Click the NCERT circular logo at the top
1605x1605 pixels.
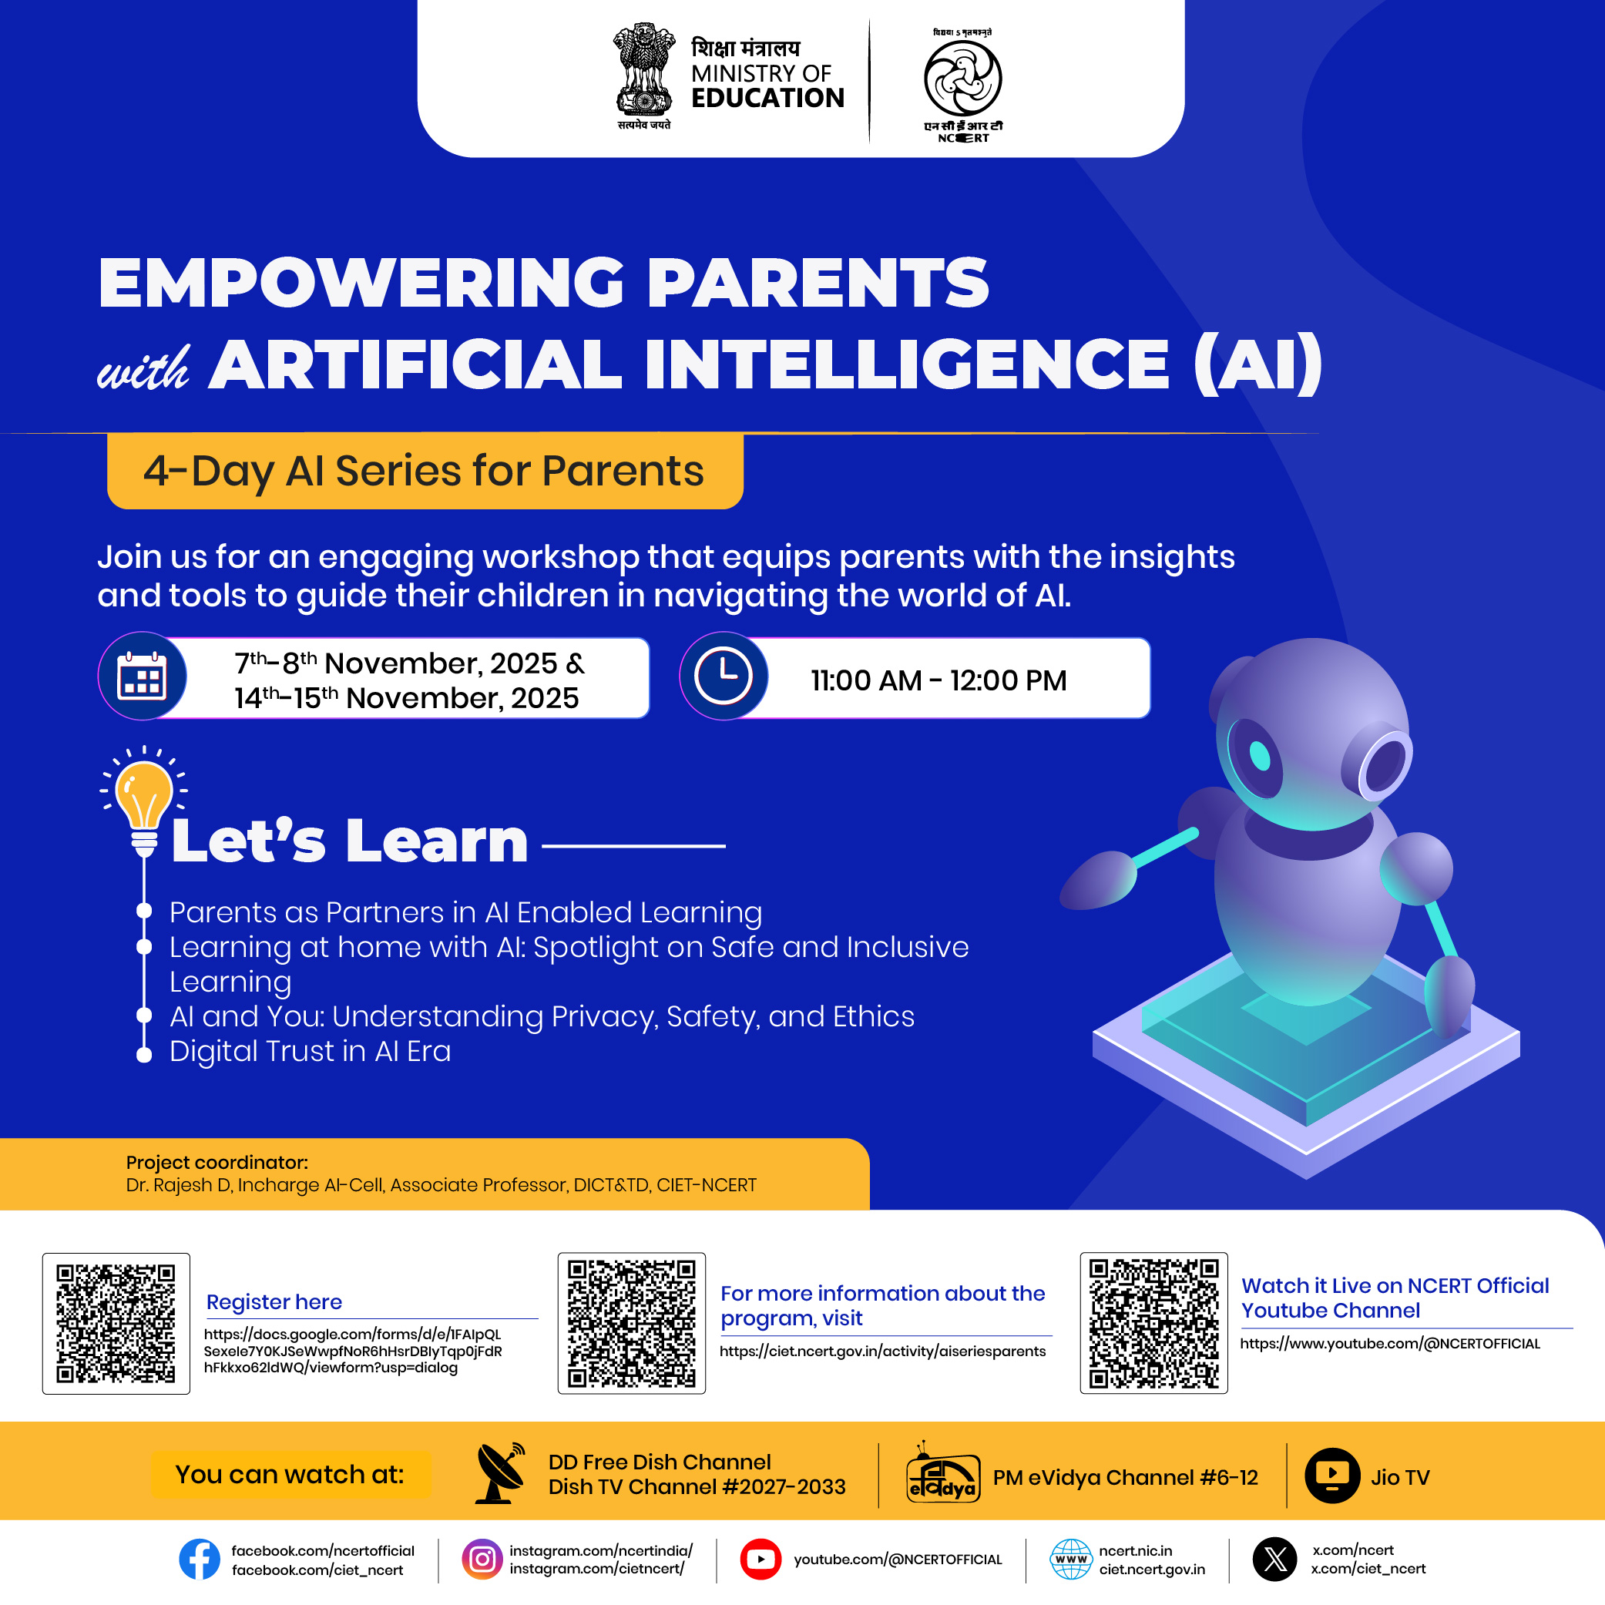point(963,78)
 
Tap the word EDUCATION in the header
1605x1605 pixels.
point(767,98)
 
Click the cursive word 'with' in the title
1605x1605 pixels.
point(144,368)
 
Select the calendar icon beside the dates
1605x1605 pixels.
point(142,677)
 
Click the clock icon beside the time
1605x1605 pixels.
point(724,676)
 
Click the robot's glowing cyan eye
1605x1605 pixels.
point(1261,756)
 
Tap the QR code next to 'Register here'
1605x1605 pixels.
point(116,1324)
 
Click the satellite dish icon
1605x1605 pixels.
point(500,1473)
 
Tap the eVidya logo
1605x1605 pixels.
point(943,1474)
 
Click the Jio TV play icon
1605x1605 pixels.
point(1332,1476)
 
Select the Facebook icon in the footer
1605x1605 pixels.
point(200,1560)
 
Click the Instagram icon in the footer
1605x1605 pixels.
point(482,1560)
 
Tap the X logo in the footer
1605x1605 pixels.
point(1275,1560)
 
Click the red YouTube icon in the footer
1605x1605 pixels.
point(761,1560)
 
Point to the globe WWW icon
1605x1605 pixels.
point(1072,1560)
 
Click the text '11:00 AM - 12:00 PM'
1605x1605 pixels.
point(938,680)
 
